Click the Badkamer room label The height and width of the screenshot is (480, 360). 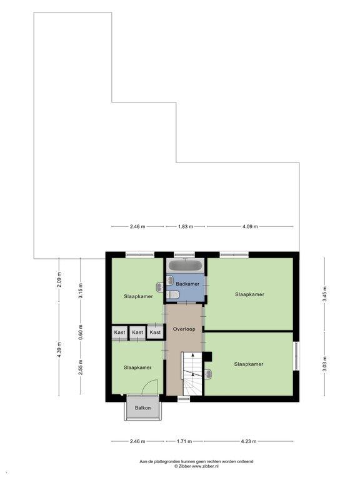(x=187, y=284)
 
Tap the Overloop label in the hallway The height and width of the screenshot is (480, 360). (x=184, y=329)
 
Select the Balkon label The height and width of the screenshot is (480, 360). (x=143, y=407)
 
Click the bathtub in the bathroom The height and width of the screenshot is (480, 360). (x=186, y=266)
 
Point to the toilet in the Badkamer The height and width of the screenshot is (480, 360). (x=172, y=294)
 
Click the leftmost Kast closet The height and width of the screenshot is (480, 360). (x=119, y=332)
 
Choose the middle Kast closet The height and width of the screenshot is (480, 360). (x=137, y=332)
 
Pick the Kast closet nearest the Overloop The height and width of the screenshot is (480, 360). (x=155, y=332)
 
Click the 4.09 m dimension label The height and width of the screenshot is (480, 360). (x=250, y=226)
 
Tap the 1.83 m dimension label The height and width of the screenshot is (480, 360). (x=186, y=226)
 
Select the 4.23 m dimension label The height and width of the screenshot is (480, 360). (x=249, y=441)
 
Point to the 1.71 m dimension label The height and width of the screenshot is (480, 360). (x=184, y=441)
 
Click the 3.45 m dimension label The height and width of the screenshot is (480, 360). (x=324, y=294)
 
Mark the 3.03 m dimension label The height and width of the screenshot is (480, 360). (x=324, y=364)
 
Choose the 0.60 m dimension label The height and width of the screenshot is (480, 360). (x=81, y=332)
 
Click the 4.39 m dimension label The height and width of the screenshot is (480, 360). (x=59, y=349)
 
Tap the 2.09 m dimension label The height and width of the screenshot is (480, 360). (x=59, y=279)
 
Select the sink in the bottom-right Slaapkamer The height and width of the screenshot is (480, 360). (x=208, y=374)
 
